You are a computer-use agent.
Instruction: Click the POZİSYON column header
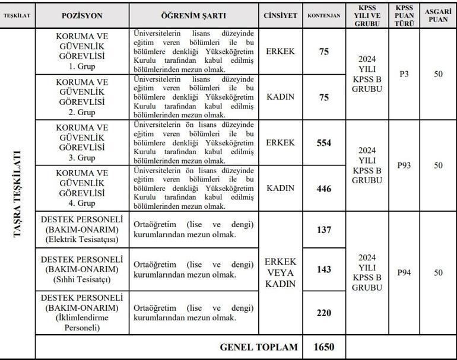tap(82, 15)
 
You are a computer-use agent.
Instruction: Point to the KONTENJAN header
tap(323, 15)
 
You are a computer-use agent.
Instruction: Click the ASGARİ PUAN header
tap(438, 15)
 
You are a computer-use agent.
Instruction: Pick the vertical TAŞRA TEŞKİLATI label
tap(18, 193)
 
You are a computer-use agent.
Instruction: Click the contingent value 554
tap(323, 143)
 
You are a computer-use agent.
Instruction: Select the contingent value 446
tap(323, 189)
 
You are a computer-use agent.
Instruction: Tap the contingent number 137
tap(323, 230)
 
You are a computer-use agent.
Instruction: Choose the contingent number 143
tap(323, 269)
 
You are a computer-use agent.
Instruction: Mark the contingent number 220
tap(323, 313)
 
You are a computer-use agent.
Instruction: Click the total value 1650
tap(323, 347)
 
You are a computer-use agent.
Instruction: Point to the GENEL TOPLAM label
tap(259, 347)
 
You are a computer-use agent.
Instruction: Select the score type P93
tap(404, 165)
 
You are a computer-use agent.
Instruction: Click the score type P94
tap(404, 272)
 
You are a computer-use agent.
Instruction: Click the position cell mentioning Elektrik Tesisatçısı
tap(82, 230)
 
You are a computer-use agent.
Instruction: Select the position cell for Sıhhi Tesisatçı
tap(82, 269)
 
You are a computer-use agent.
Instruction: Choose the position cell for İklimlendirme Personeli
tap(82, 313)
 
